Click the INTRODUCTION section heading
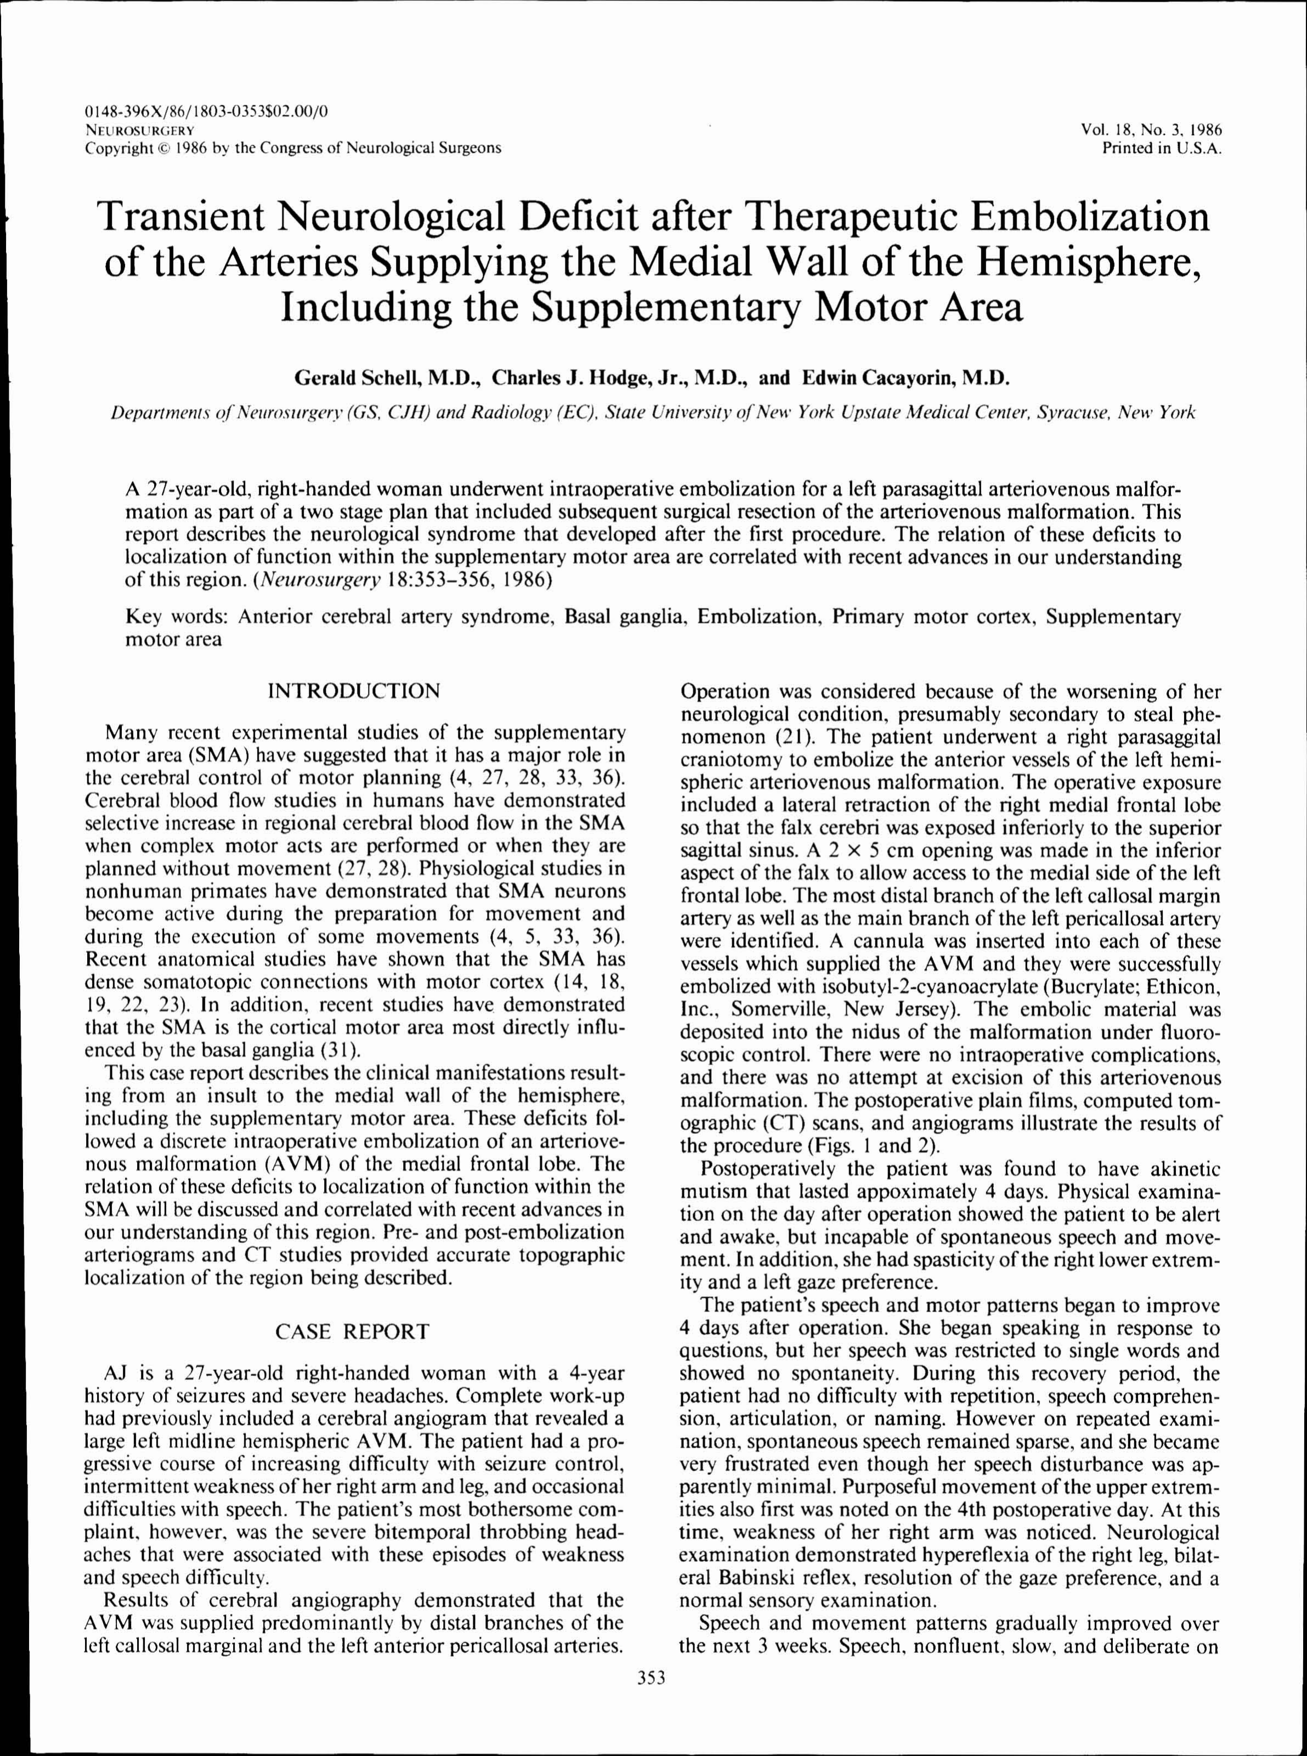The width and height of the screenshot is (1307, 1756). (x=354, y=691)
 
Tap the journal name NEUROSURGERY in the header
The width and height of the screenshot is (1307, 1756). (x=140, y=130)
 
